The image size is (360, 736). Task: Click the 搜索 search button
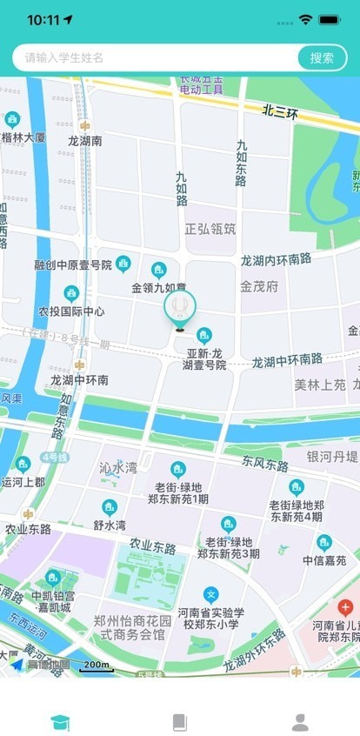tap(322, 57)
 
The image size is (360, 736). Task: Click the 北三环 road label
tap(281, 111)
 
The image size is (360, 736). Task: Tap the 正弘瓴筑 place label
tap(210, 229)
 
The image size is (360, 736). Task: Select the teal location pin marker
tap(180, 307)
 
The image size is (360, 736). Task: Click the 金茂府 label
tap(259, 285)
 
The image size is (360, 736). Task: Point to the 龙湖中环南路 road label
tap(287, 359)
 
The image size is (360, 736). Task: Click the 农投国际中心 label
tap(71, 311)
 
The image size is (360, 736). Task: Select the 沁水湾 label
tap(118, 467)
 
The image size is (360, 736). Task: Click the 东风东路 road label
tap(265, 464)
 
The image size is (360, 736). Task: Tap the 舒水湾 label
tap(110, 525)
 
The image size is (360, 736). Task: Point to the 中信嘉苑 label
tap(324, 560)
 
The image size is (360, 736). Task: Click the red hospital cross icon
tap(345, 607)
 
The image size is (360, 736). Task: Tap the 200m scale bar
tap(95, 666)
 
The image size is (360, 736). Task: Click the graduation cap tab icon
tap(60, 721)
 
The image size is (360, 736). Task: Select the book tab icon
tap(180, 721)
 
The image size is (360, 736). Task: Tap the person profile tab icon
tap(300, 721)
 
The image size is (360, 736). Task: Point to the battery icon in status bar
tap(330, 19)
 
